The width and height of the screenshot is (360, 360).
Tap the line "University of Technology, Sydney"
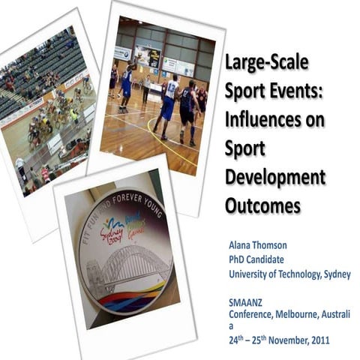tap(289, 274)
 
